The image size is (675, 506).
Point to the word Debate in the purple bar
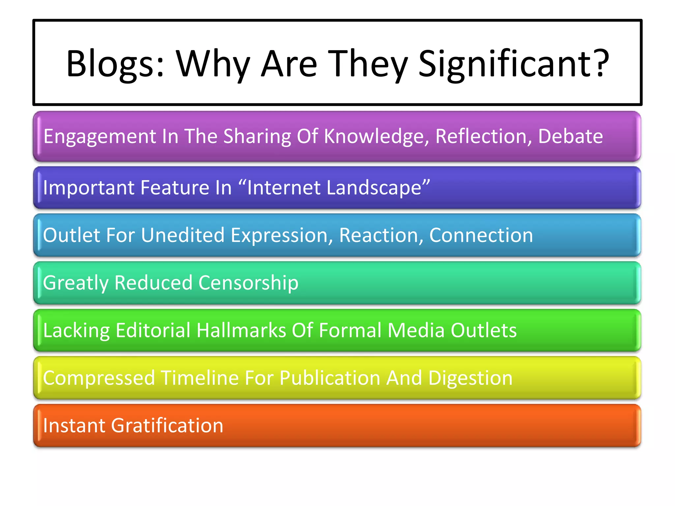[570, 136]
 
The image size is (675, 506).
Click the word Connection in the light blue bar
[481, 235]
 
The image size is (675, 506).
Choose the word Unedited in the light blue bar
[183, 235]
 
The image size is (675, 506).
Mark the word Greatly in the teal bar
[76, 283]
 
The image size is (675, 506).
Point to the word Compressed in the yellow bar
[99, 378]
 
